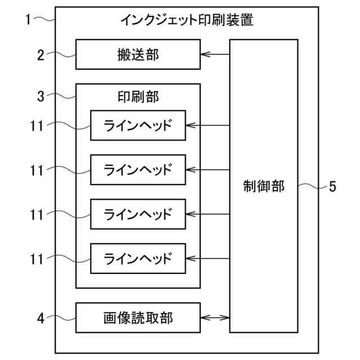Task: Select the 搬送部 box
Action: click(138, 55)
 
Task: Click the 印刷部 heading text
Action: click(138, 96)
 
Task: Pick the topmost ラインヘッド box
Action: click(138, 125)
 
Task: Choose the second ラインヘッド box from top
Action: click(138, 169)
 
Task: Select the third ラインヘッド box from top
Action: click(138, 214)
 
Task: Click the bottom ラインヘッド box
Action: click(138, 259)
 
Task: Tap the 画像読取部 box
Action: click(138, 318)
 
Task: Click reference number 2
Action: click(40, 55)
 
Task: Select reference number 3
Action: click(40, 96)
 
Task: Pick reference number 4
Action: click(40, 318)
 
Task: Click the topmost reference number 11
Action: click(37, 125)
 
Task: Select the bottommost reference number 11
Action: click(37, 259)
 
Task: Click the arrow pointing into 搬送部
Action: click(215, 55)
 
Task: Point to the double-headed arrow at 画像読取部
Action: click(215, 318)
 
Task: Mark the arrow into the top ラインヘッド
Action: click(208, 125)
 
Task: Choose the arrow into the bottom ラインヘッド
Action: click(208, 259)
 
